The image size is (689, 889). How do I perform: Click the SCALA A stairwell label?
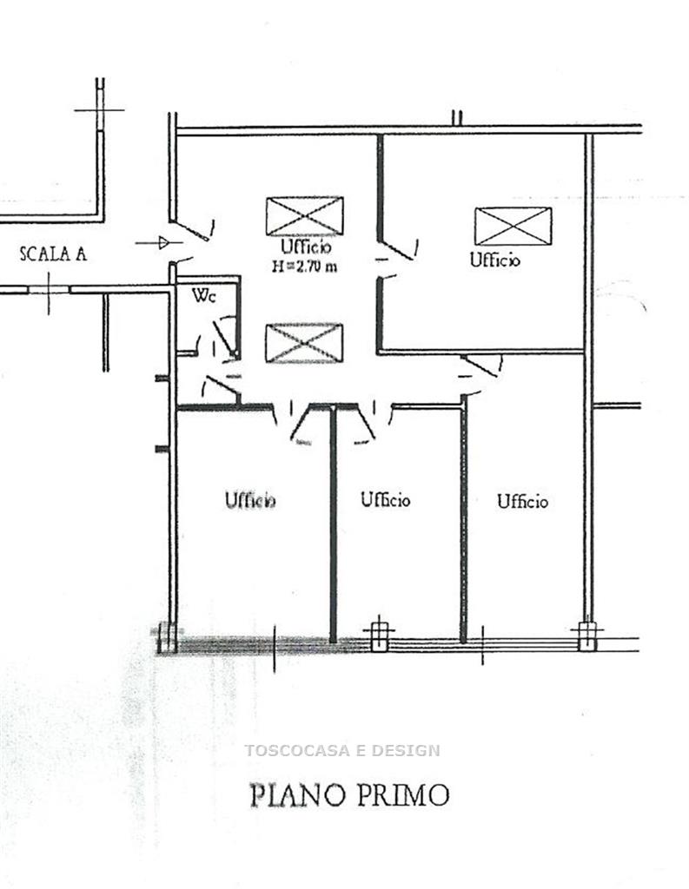[53, 254]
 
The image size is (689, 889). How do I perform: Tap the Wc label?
[204, 295]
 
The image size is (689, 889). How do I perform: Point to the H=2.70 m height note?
[304, 266]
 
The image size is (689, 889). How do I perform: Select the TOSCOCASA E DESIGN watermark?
[342, 751]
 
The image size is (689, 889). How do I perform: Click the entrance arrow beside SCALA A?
[159, 243]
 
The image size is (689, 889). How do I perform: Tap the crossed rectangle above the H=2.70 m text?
[305, 216]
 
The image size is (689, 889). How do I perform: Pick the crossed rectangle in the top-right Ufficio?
[513, 227]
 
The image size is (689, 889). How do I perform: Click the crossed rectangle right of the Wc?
[304, 343]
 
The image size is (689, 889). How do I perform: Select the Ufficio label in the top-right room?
[494, 260]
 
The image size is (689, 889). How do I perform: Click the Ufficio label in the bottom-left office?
[250, 500]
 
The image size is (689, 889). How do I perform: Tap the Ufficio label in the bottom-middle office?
[386, 499]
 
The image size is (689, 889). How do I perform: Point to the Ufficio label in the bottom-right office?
[523, 501]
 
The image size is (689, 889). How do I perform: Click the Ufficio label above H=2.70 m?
[306, 247]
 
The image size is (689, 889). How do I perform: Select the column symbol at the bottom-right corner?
[587, 636]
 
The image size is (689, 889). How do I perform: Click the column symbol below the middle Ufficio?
[379, 636]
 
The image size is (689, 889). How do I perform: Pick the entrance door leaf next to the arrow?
[191, 229]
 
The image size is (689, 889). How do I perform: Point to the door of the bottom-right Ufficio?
[481, 367]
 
